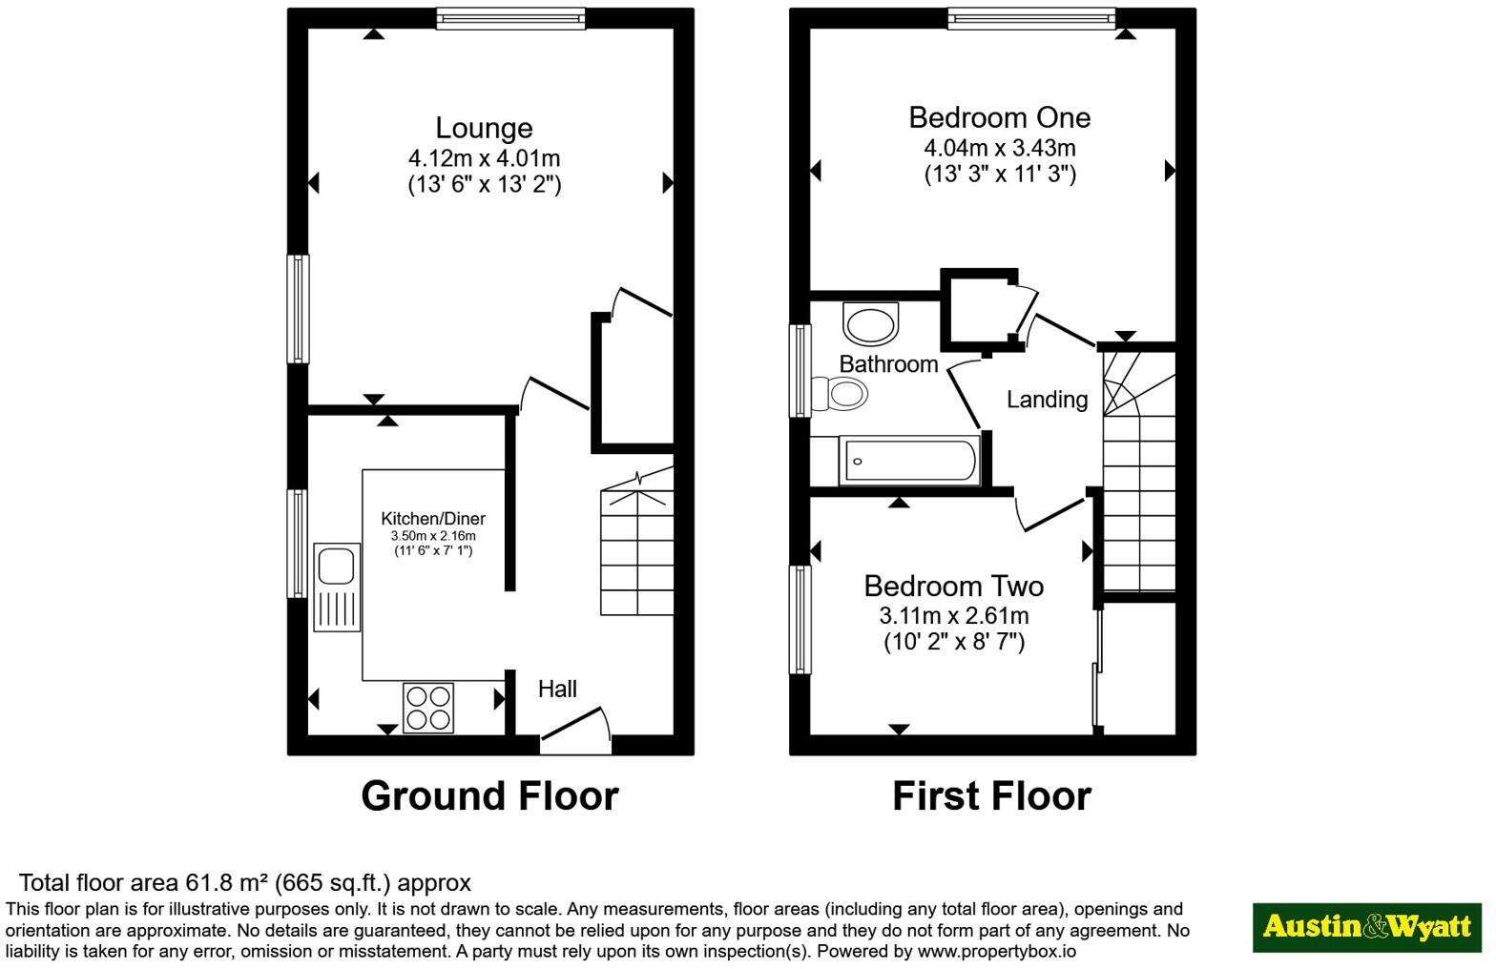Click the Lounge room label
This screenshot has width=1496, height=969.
(x=485, y=128)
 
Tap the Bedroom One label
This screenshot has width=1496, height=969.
(x=1000, y=117)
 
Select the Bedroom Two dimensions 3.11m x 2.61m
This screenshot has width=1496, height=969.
(x=954, y=615)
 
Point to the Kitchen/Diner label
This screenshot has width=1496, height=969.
(x=433, y=518)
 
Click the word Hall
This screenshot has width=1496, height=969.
(x=557, y=689)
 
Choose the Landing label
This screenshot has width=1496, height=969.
(x=1048, y=400)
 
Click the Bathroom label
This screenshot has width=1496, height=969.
(x=889, y=364)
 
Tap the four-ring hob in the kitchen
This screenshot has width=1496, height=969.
(x=428, y=708)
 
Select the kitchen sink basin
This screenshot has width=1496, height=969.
(x=336, y=567)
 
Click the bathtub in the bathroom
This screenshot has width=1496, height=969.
(x=910, y=460)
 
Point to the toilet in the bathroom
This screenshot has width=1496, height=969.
(x=840, y=394)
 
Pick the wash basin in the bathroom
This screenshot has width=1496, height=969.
(x=871, y=324)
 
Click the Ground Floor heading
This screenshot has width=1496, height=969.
(x=489, y=796)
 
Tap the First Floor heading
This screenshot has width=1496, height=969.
(x=992, y=796)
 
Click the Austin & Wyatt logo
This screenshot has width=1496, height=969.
(x=1367, y=928)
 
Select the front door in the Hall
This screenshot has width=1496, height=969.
(x=575, y=725)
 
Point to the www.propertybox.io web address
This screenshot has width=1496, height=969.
(x=996, y=951)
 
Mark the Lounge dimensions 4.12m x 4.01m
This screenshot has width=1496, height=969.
(x=485, y=158)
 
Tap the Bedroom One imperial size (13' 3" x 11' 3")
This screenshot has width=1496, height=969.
(x=1000, y=175)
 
